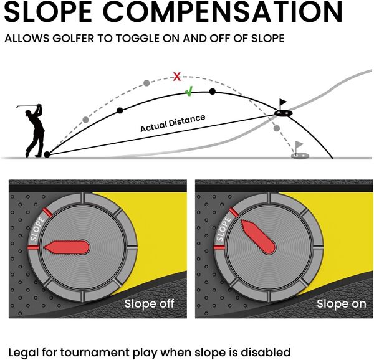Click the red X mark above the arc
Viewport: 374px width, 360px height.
coord(177,77)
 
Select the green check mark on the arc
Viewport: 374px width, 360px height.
coord(189,93)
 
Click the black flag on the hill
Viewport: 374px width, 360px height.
coord(283,103)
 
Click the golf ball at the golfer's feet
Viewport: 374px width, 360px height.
coord(47,154)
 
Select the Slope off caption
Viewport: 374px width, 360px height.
coord(149,304)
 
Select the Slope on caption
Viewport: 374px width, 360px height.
coord(340,304)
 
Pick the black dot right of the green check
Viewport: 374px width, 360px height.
coord(213,92)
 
